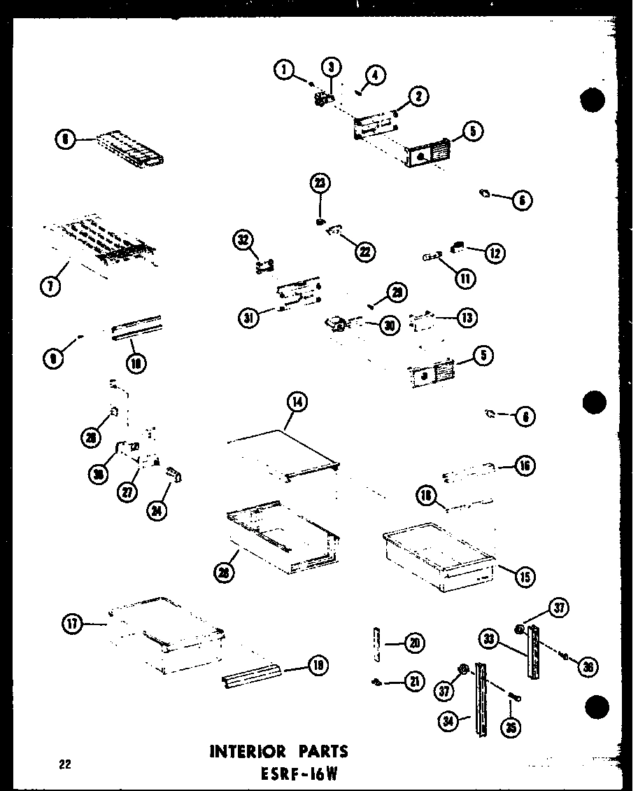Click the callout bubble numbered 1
click(x=283, y=70)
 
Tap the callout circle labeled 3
click(x=331, y=67)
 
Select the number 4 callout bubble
click(x=376, y=76)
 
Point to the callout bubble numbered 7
click(x=50, y=286)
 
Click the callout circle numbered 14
click(x=297, y=402)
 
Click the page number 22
click(x=65, y=764)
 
